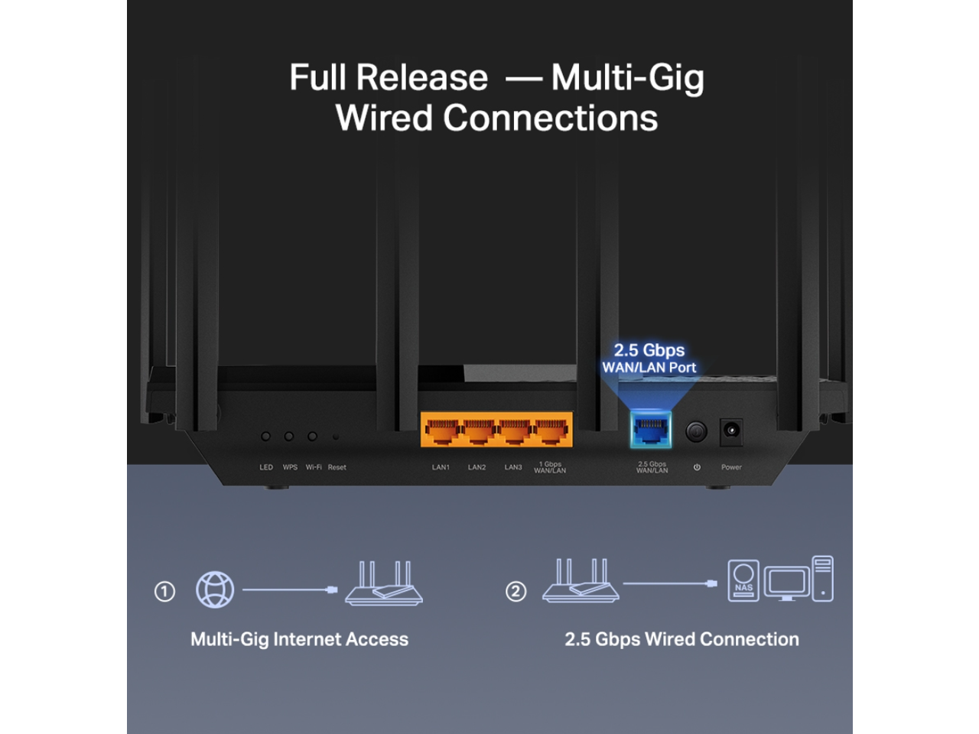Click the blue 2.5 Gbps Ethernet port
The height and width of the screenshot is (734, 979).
point(651,430)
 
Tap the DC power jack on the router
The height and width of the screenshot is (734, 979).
point(731,430)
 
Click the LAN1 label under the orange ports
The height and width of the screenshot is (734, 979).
point(441,467)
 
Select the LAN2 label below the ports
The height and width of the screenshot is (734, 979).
point(476,467)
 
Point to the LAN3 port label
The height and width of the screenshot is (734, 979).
point(513,467)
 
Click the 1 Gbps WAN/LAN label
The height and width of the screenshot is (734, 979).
point(550,467)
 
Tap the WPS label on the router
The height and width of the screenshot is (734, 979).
point(290,467)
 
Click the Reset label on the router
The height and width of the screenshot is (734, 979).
point(337,467)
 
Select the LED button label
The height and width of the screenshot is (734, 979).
point(266,467)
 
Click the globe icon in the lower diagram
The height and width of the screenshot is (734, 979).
point(215,589)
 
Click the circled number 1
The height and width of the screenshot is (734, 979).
point(164,592)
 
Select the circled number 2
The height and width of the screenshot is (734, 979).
point(516,592)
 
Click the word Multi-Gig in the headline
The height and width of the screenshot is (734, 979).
point(627,78)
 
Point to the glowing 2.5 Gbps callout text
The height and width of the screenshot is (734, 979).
point(649,350)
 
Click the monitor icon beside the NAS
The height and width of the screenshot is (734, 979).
point(786,583)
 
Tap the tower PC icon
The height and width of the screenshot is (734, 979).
point(822,579)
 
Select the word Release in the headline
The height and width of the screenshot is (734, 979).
point(421,78)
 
